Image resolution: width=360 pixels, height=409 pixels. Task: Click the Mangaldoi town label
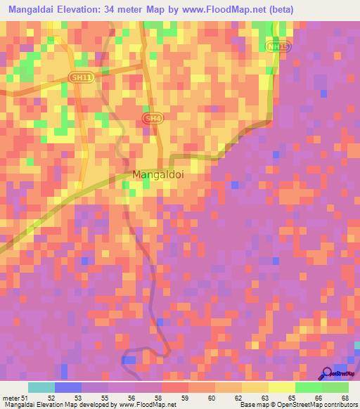tap(158, 174)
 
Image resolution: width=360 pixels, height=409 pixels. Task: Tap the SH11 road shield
tap(81, 77)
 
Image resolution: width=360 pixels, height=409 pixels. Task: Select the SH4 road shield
tap(151, 119)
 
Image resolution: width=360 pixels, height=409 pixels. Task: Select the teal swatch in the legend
tap(41, 387)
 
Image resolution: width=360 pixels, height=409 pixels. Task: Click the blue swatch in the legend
tap(68, 387)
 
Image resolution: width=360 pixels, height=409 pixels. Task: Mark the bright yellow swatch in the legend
tap(281, 387)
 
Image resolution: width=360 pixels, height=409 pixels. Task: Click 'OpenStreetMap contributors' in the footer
tap(316, 405)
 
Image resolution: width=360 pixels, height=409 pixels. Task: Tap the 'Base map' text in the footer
tap(255, 405)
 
